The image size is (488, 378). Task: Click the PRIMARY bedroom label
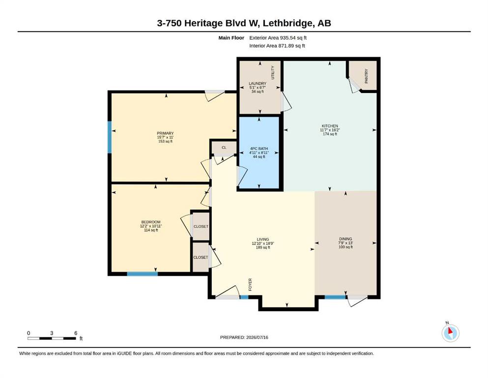[x=165, y=133]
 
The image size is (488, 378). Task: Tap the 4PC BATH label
[x=259, y=149]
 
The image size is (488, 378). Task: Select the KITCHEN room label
[x=330, y=126]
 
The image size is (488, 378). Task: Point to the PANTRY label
[x=366, y=76]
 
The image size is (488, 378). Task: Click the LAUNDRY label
[x=258, y=84]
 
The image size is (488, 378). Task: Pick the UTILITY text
[x=273, y=72]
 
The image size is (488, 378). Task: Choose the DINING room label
[x=346, y=239]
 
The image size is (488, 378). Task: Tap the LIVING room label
[x=263, y=239]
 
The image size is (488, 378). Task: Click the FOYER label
[x=250, y=284]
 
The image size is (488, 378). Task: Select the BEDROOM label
[x=151, y=222]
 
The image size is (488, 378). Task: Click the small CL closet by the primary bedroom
[x=224, y=147]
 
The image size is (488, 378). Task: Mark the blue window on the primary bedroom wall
[x=110, y=137]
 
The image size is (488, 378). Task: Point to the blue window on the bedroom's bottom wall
[x=142, y=274]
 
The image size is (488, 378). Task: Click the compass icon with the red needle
[x=450, y=333]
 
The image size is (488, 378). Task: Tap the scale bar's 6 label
[x=76, y=333]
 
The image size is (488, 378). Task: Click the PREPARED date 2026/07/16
[x=257, y=337]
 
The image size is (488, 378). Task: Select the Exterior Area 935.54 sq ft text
[x=278, y=38]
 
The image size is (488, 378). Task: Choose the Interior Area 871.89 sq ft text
[x=277, y=46]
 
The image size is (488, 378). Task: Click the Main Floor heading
[x=231, y=38]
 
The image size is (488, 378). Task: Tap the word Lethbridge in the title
[x=288, y=23]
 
